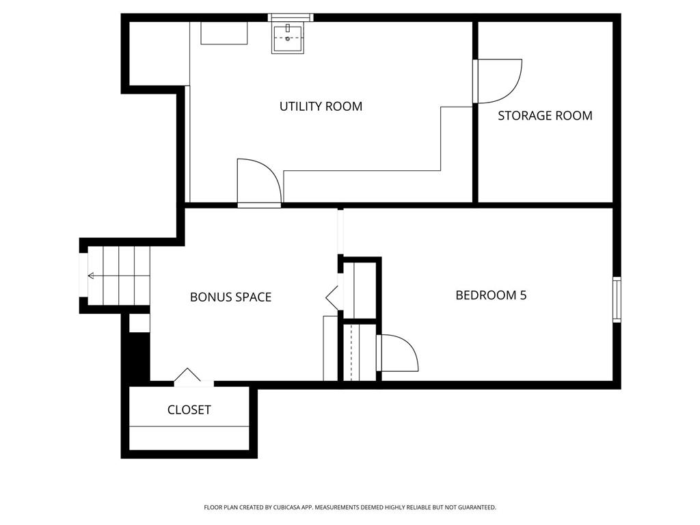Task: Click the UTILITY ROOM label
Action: (321, 106)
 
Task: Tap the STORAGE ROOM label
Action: (545, 116)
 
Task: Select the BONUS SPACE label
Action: (231, 297)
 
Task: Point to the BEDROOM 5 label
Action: (491, 295)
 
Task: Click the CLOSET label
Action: (189, 410)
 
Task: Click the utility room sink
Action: (288, 39)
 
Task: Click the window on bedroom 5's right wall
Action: (617, 299)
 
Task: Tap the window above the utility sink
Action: (291, 17)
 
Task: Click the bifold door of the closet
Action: (187, 377)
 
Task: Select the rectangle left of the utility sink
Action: (224, 33)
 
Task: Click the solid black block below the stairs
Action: (139, 357)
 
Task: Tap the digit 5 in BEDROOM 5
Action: (524, 295)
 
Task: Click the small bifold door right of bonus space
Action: (332, 296)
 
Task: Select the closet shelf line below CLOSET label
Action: (189, 427)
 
